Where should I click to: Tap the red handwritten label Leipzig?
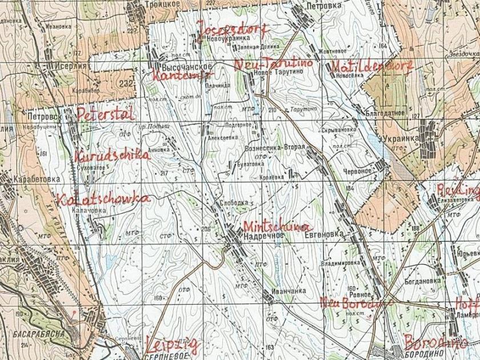tap(173, 345)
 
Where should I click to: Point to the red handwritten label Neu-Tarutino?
tap(273, 63)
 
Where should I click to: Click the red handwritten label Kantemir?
tap(175, 77)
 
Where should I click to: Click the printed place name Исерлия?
tap(71, 66)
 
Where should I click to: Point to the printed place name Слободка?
tap(234, 203)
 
